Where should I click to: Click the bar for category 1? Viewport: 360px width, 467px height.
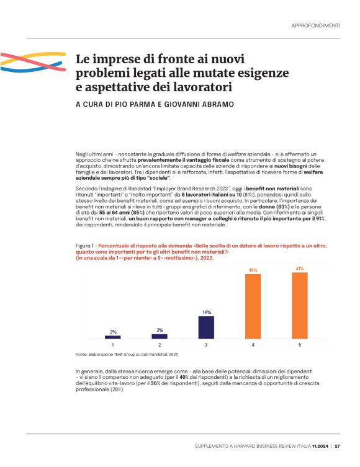113,337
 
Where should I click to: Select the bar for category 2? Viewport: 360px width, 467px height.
160,336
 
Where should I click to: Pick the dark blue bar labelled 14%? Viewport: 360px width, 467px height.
206,327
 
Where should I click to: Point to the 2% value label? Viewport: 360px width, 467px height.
113,332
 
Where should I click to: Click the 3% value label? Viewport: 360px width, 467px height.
160,330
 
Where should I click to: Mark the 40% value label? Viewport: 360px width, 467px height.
253,270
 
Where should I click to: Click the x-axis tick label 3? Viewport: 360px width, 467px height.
206,344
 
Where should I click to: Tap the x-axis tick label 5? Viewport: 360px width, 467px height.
300,344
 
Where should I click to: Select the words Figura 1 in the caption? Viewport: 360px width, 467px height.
84,246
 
